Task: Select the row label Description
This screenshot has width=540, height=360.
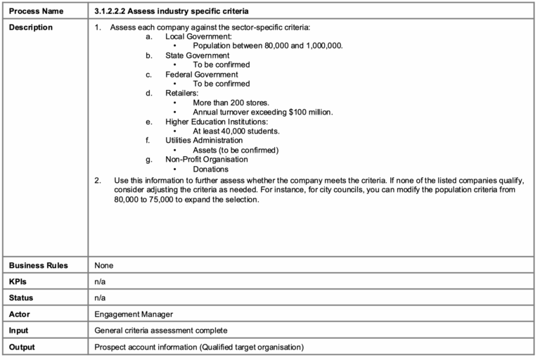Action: pyautogui.click(x=31, y=27)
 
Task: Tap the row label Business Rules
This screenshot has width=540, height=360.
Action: pyautogui.click(x=38, y=265)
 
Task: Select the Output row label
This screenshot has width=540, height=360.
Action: pyautogui.click(x=22, y=347)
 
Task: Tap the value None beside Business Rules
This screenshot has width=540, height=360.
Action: pyautogui.click(x=104, y=265)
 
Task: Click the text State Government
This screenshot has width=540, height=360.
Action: pyautogui.click(x=197, y=55)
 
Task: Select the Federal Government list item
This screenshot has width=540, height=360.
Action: pyautogui.click(x=201, y=74)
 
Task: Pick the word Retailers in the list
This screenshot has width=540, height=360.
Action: pyautogui.click(x=182, y=93)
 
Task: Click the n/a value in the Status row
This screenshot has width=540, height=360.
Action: pyautogui.click(x=101, y=297)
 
